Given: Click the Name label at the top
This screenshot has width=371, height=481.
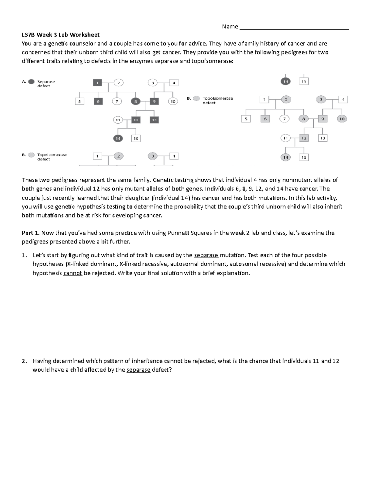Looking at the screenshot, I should click(x=230, y=27).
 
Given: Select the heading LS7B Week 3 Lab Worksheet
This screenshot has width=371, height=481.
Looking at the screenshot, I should click(x=61, y=35).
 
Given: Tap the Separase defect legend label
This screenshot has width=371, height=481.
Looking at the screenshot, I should click(x=46, y=84).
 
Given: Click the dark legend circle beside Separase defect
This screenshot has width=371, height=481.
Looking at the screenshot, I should click(x=31, y=82).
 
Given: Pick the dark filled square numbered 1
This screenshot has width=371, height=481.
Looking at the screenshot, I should click(x=97, y=83).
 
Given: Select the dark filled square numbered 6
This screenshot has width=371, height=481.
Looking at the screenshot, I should click(x=98, y=101).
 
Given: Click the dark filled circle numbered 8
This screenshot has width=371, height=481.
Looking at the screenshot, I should click(x=135, y=101).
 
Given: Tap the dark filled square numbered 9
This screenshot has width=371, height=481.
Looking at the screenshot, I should click(x=154, y=101).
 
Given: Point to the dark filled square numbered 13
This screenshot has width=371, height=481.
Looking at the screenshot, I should click(x=154, y=120).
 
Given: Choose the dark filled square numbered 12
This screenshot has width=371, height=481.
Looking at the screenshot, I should click(x=135, y=120).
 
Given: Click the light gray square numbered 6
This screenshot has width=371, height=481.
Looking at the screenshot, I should click(x=265, y=119).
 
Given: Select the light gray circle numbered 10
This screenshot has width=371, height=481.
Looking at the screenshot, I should click(x=342, y=119).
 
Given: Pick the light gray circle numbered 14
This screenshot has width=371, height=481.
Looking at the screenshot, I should click(x=285, y=157).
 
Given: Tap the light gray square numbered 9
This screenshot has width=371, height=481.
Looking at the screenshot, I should click(x=322, y=119).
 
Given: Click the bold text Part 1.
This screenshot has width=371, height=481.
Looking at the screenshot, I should click(x=31, y=233).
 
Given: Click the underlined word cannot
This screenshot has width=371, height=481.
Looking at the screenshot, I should click(x=73, y=273).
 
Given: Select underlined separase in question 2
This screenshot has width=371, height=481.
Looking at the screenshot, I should click(x=138, y=370).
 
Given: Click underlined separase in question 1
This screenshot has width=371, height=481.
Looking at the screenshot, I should click(x=206, y=255).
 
